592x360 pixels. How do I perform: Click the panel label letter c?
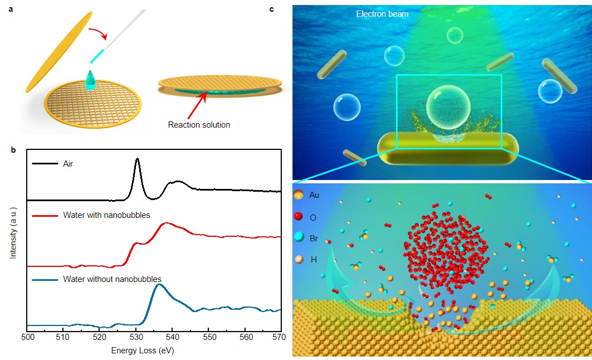click(287, 9)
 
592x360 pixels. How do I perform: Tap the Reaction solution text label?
click(199, 125)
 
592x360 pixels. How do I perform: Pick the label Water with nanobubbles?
click(106, 216)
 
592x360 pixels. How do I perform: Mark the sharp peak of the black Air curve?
click(137, 159)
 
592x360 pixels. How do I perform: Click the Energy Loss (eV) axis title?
click(143, 351)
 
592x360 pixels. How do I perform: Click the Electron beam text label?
click(382, 14)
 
